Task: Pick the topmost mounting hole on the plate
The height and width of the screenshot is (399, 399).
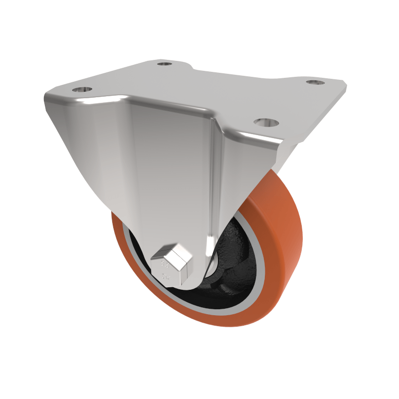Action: pos(164,64)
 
